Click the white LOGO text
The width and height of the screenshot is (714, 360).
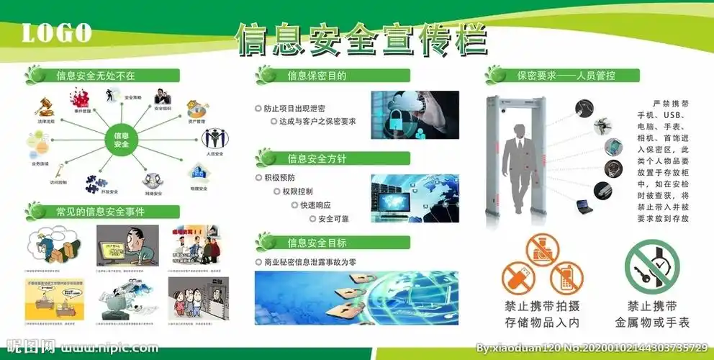click(x=57, y=32)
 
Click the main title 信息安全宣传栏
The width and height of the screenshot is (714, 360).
click(x=361, y=39)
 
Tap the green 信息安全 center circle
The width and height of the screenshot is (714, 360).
click(x=121, y=139)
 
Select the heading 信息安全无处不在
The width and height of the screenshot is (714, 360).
click(x=96, y=75)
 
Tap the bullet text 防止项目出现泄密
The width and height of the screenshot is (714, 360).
click(x=294, y=108)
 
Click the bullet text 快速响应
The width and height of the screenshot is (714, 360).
click(x=316, y=205)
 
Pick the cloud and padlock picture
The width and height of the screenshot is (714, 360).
click(x=414, y=114)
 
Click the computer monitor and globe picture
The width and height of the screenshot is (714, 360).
click(x=414, y=198)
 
